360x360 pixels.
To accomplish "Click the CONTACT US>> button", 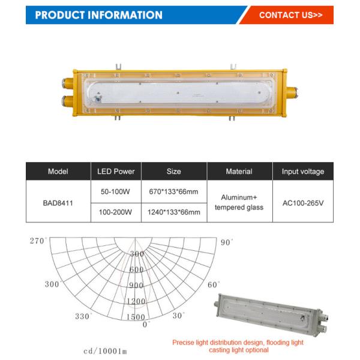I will [x=290, y=15].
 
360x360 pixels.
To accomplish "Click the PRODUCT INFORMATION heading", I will [x=99, y=15].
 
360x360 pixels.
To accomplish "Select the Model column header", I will [x=58, y=172].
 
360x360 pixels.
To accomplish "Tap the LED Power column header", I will [x=116, y=172].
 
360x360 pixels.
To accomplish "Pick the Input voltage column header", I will [x=303, y=172].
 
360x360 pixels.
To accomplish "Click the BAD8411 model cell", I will [x=58, y=203].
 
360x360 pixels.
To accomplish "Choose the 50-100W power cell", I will [x=116, y=192].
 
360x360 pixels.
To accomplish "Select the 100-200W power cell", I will [x=116, y=212].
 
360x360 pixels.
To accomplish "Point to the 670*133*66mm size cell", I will [x=174, y=192].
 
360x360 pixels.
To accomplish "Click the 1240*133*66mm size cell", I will [x=174, y=212].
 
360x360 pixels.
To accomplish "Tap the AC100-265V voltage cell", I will [x=303, y=203].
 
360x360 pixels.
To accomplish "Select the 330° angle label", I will [x=83, y=316].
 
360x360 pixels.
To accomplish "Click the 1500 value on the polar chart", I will [x=136, y=317].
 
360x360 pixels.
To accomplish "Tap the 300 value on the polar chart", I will [x=137, y=254].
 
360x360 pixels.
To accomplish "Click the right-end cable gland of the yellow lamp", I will [x=292, y=91].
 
